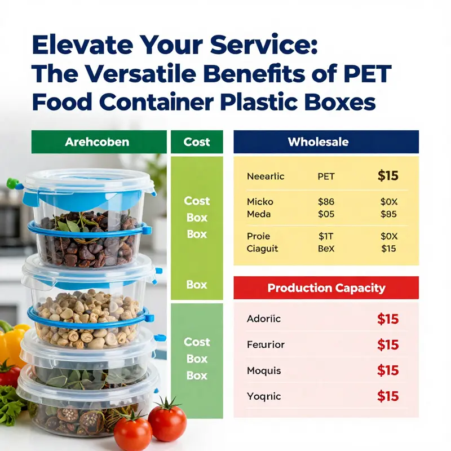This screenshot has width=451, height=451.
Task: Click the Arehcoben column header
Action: (97, 142)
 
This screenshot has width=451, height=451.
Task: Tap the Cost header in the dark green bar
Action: (196, 142)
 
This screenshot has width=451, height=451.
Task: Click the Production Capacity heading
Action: (326, 288)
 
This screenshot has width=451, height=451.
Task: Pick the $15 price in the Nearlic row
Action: (388, 176)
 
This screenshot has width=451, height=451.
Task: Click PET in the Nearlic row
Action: (326, 176)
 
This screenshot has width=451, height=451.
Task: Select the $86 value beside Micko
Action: (326, 201)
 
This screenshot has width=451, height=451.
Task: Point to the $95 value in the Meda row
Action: (388, 214)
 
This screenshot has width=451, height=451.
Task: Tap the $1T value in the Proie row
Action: (326, 236)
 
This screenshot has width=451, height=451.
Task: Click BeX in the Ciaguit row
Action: (326, 249)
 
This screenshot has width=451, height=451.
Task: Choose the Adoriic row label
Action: (263, 319)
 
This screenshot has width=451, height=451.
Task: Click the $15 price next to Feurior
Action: (388, 345)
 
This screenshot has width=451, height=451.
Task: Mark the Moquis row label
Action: (263, 371)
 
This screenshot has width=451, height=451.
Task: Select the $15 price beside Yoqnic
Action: (388, 396)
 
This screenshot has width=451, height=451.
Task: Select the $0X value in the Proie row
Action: (388, 236)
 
